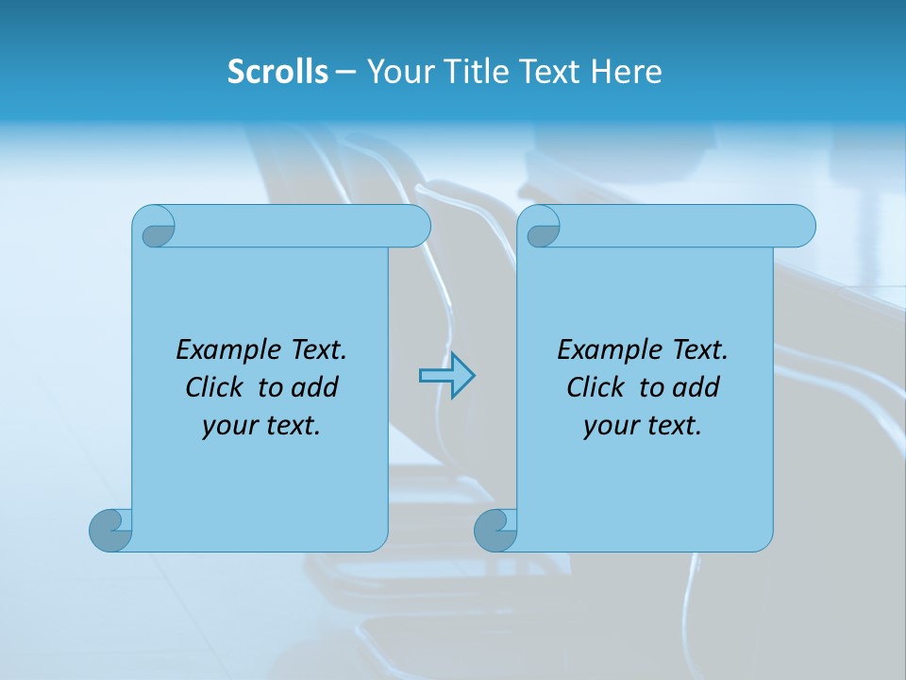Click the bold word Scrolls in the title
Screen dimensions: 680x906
[x=277, y=72]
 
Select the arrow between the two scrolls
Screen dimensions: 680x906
[x=446, y=376]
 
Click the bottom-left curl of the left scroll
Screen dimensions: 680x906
[x=110, y=530]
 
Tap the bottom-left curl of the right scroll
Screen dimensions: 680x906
[x=495, y=530]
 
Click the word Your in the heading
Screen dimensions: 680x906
[x=396, y=72]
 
